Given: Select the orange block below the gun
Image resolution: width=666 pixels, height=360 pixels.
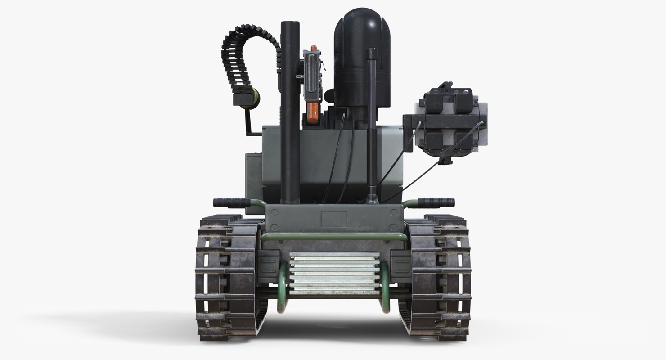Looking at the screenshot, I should coord(313,112).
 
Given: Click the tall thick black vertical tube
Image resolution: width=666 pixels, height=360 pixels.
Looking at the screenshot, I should coord(290,112).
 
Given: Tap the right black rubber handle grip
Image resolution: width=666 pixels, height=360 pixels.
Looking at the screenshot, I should coord(436,203).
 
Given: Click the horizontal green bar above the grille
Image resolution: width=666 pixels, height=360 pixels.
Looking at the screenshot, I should coord(333,236).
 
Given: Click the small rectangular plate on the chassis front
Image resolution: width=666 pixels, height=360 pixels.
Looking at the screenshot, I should coord(334,219).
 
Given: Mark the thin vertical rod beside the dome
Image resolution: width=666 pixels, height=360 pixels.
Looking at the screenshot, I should coord(371,126).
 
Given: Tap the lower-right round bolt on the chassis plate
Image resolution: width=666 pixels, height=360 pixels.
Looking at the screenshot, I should coord(394,227).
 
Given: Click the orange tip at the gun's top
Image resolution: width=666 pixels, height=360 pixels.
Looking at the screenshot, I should coord(314,48).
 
